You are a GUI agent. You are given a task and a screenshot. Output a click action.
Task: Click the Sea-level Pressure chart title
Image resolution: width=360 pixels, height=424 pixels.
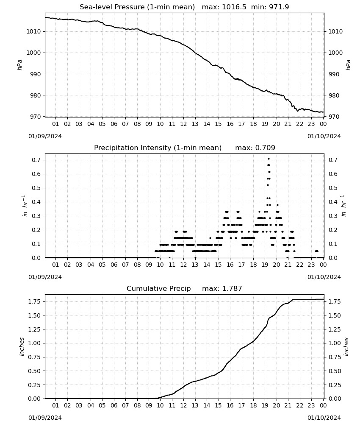tap(184, 7)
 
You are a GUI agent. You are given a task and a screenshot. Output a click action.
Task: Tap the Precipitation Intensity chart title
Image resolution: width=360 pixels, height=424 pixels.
tap(185, 148)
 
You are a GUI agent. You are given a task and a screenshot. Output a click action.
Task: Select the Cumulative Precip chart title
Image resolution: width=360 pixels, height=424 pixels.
tap(184, 288)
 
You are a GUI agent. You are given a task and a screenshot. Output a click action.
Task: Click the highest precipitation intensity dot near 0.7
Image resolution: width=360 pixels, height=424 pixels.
tap(269, 159)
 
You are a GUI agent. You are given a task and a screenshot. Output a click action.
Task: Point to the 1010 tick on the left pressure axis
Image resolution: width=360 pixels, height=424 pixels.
tap(33, 31)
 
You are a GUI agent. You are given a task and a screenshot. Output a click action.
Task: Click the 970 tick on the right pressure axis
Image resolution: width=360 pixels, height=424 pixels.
tap(334, 117)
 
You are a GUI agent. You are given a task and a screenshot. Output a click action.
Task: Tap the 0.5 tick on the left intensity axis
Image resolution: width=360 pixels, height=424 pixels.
tap(36, 188)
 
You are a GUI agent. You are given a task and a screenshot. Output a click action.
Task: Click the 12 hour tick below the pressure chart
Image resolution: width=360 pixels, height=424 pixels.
tap(183, 124)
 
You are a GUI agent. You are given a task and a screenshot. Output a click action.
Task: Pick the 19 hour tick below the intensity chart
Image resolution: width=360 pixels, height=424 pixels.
tap(265, 265)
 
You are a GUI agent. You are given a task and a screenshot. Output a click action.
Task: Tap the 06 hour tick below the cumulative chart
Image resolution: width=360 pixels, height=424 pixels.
tap(114, 405)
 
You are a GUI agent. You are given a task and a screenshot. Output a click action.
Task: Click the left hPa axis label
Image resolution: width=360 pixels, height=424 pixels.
tap(19, 65)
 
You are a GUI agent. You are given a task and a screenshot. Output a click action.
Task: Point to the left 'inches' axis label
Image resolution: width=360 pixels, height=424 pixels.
tap(22, 347)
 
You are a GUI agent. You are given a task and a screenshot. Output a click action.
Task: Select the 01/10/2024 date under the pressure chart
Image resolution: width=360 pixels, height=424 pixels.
tap(324, 136)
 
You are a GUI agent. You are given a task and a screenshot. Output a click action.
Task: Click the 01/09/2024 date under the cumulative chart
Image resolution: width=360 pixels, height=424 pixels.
tap(45, 418)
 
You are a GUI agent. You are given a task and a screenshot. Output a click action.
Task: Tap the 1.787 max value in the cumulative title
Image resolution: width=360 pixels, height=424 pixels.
tap(232, 288)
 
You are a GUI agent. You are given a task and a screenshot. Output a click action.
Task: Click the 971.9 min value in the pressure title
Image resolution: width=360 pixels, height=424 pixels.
tap(279, 7)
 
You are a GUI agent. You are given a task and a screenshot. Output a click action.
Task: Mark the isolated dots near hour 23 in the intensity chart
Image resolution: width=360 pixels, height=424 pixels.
tap(316, 251)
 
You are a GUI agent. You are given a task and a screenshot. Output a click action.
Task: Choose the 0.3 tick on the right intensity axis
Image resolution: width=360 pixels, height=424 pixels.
tap(332, 216)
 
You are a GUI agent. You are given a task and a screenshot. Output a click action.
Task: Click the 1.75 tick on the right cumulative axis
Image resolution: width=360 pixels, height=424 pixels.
tap(334, 301)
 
